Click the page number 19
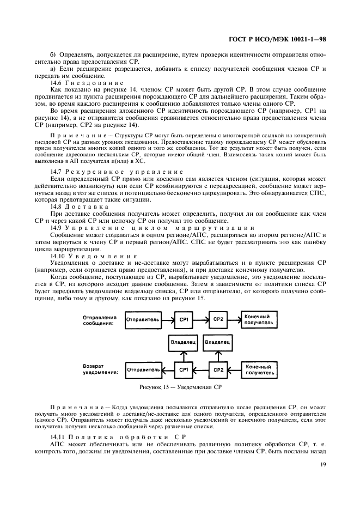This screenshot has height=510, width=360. [x=323, y=464]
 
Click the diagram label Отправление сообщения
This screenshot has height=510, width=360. [x=100, y=320]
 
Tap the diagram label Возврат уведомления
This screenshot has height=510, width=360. [x=100, y=369]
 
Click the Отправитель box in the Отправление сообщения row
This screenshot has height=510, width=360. [x=143, y=320]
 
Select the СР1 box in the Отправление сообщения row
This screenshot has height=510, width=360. [x=183, y=320]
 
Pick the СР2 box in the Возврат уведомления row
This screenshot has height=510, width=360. [x=218, y=370]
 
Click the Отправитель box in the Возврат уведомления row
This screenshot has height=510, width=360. [x=143, y=370]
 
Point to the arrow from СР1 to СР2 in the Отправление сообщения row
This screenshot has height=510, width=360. [x=200, y=320]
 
